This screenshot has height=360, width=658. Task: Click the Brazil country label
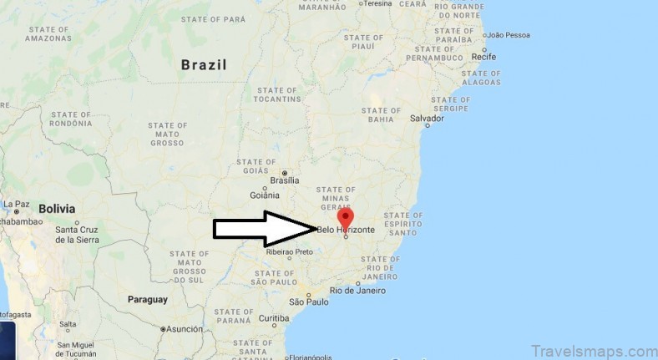point(204,64)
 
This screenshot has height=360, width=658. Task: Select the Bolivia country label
point(56,209)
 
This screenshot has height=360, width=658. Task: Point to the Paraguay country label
point(148,299)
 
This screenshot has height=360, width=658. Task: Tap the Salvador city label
point(426,118)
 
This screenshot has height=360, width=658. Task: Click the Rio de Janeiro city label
point(358,291)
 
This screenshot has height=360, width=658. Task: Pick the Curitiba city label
point(273,318)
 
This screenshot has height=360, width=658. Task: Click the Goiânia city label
point(264,195)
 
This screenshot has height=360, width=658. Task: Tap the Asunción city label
point(185,329)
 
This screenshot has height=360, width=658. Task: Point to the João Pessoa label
point(508,35)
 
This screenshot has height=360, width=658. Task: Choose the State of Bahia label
point(381,115)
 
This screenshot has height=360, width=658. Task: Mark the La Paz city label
point(16,204)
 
